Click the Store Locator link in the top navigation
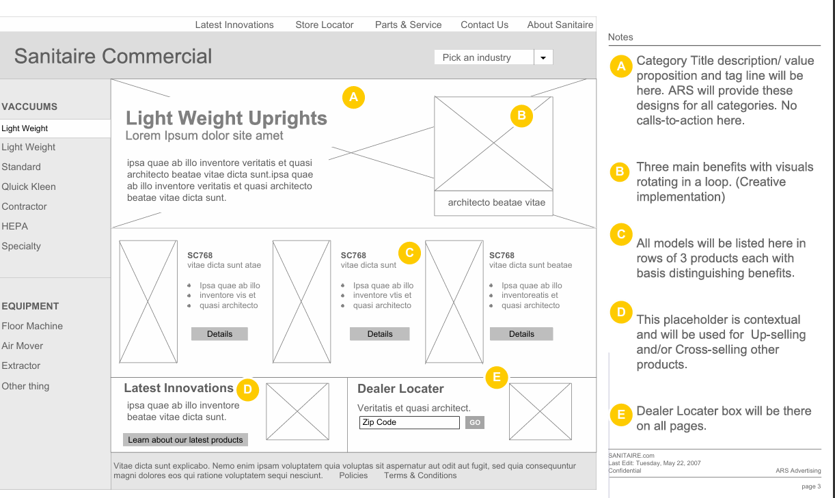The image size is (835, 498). click(325, 25)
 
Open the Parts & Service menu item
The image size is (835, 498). click(408, 25)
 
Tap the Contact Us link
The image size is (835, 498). click(484, 25)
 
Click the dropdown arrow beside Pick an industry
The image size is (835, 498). click(543, 58)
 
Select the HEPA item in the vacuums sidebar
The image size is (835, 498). click(15, 226)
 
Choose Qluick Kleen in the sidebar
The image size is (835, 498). click(29, 186)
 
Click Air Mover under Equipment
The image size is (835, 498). click(23, 346)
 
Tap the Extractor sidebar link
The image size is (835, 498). click(21, 365)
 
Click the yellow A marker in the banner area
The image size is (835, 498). click(353, 97)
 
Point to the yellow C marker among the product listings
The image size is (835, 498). click(409, 253)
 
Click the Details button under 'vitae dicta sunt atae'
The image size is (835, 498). click(219, 334)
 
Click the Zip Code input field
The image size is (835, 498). click(409, 422)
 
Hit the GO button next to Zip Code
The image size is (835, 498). click(474, 422)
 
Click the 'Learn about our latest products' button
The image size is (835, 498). click(185, 440)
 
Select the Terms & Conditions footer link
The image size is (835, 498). click(420, 475)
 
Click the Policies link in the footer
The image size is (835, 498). click(353, 475)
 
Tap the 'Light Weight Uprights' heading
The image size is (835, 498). click(226, 118)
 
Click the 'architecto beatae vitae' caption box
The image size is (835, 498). click(493, 203)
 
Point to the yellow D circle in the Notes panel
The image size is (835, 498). click(621, 312)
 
